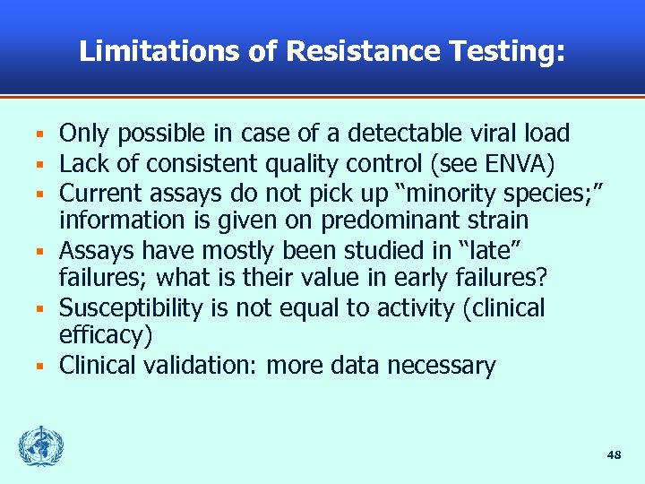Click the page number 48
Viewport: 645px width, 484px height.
(614, 455)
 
